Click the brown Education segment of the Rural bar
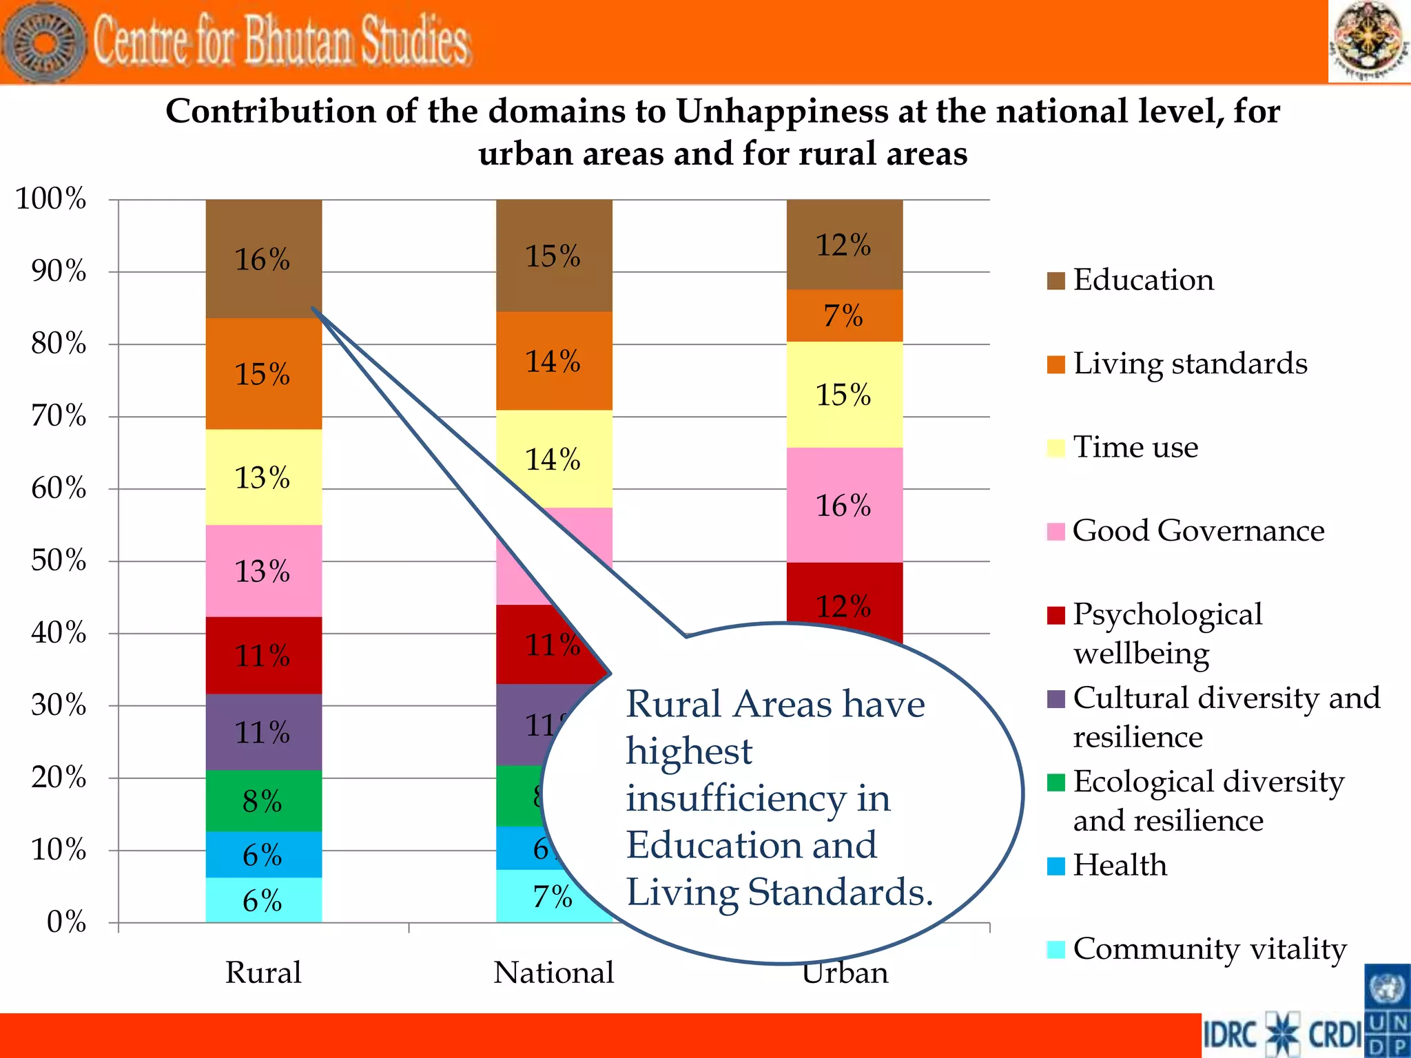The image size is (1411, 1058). pyautogui.click(x=263, y=259)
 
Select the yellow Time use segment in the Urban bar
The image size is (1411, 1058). pyautogui.click(x=845, y=395)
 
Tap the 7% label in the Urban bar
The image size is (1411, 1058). pyautogui.click(x=843, y=316)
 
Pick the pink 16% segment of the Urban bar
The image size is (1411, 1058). pyautogui.click(x=845, y=506)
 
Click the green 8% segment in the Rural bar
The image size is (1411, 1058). pyautogui.click(x=263, y=801)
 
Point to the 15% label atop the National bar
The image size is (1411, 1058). pyautogui.click(x=553, y=256)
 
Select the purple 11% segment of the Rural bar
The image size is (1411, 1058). pyautogui.click(x=263, y=732)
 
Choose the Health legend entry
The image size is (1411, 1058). pyautogui.click(x=1120, y=865)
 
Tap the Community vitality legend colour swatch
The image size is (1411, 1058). pyautogui.click(x=1055, y=949)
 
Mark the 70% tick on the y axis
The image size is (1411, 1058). pyautogui.click(x=59, y=416)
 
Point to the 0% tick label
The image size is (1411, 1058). pyautogui.click(x=66, y=922)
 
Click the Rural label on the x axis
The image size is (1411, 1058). pyautogui.click(x=263, y=973)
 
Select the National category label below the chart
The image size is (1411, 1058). pyautogui.click(x=554, y=973)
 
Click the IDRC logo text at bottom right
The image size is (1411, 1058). pyautogui.click(x=1231, y=1035)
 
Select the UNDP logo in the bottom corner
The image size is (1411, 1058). pyautogui.click(x=1387, y=1011)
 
